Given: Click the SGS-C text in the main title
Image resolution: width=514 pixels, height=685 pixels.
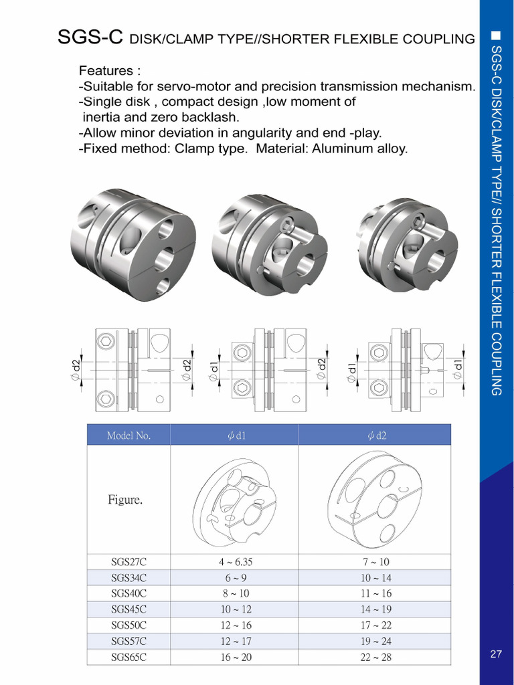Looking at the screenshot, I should [x=90, y=38].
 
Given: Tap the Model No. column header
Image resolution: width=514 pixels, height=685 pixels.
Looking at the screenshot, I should [x=128, y=436].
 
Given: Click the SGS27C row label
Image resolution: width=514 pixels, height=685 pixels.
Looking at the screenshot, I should [x=128, y=563].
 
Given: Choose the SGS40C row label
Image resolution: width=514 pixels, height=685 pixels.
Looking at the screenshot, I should [x=128, y=593].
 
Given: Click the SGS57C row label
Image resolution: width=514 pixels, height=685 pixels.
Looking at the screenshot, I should [x=128, y=642].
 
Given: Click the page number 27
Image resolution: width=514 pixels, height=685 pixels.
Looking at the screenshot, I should [x=496, y=654].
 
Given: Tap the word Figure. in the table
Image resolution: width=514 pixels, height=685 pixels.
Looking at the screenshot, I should [x=125, y=500].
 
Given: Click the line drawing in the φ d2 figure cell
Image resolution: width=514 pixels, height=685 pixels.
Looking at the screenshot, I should [x=375, y=498].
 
